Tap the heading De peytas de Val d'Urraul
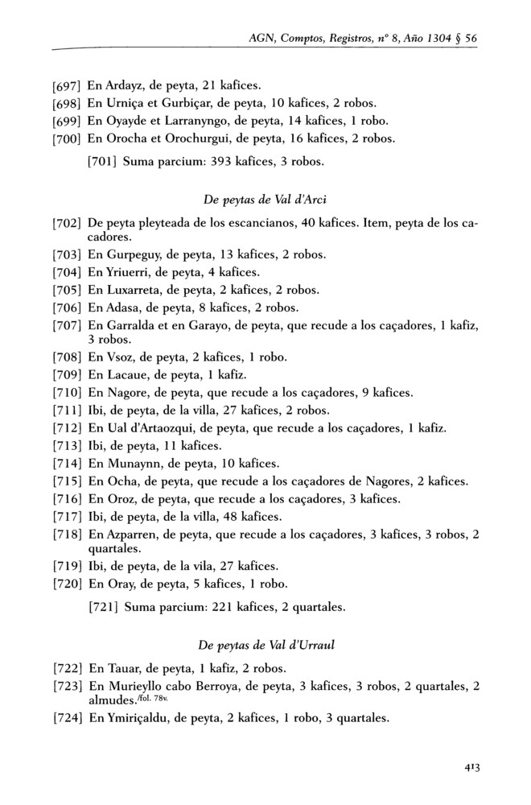(x=265, y=644)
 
